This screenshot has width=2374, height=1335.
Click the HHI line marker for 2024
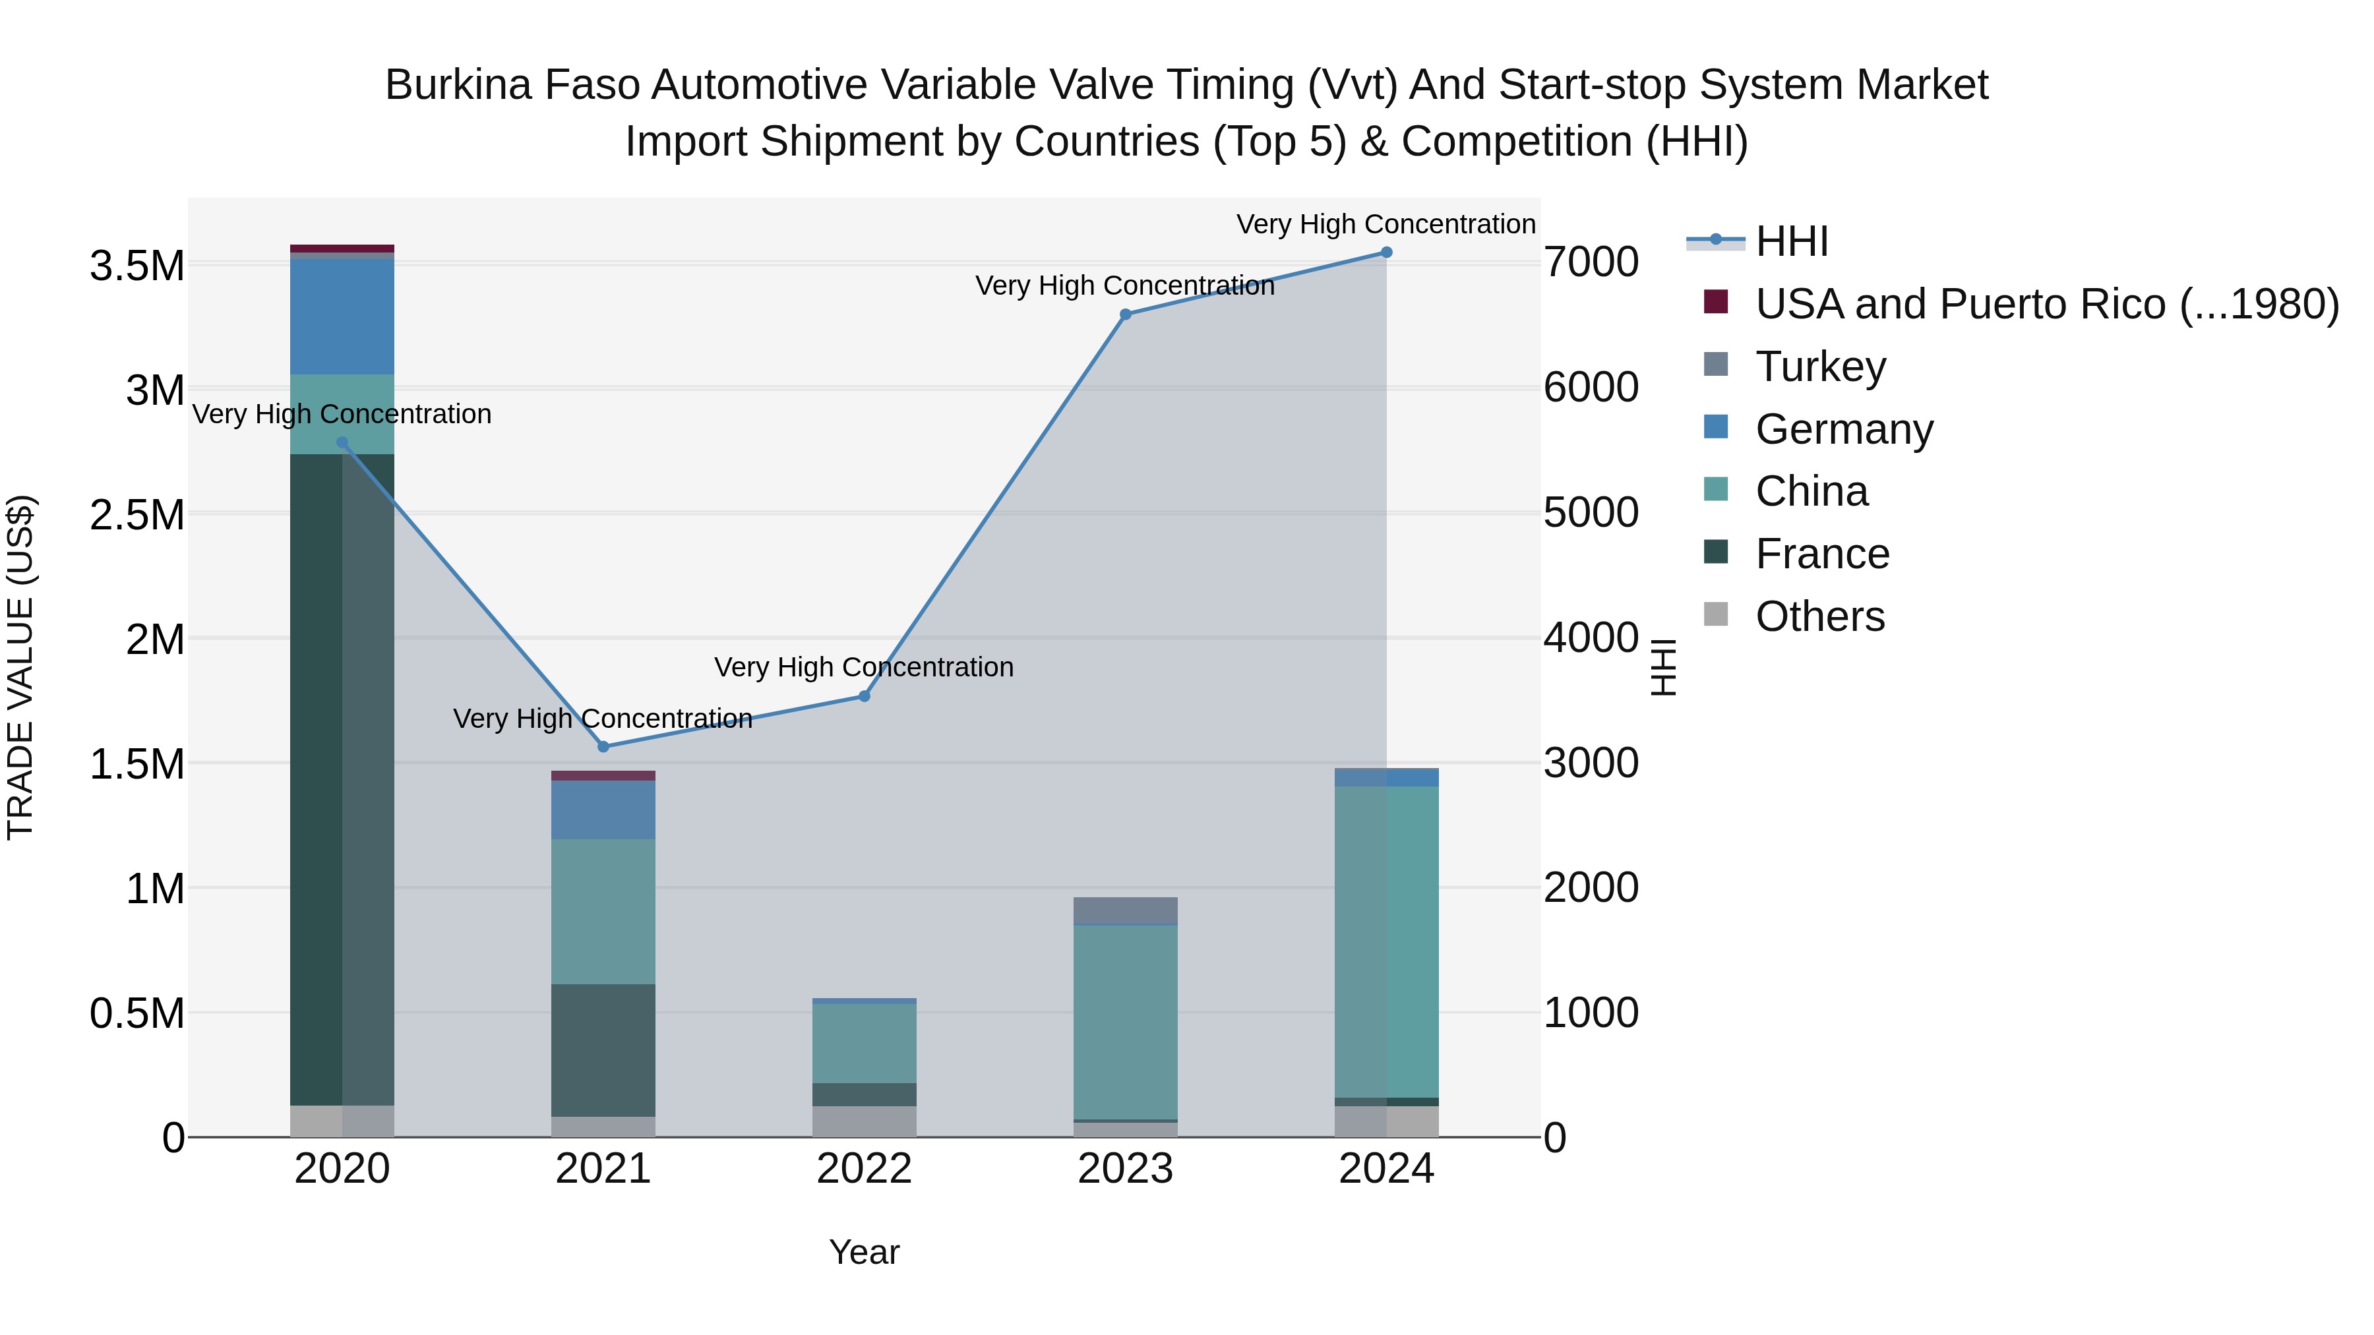(x=1386, y=252)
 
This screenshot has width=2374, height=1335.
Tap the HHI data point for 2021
(x=603, y=747)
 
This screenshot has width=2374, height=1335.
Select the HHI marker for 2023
(x=1125, y=314)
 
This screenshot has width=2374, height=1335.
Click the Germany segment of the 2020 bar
(x=342, y=317)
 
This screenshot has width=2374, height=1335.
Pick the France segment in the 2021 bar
(x=603, y=1050)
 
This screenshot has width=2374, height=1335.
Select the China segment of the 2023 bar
(x=1125, y=1023)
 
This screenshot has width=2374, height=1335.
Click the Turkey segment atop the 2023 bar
(x=1125, y=910)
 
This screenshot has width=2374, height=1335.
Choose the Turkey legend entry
(x=1820, y=367)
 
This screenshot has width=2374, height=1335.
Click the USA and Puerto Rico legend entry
(x=2046, y=304)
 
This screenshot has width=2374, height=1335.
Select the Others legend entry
(x=1819, y=616)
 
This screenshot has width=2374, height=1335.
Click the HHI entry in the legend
(x=1790, y=241)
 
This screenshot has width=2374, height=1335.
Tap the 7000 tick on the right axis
(x=1591, y=262)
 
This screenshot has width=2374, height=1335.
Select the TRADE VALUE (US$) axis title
(x=20, y=667)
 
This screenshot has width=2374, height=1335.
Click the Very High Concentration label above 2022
(x=863, y=667)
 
